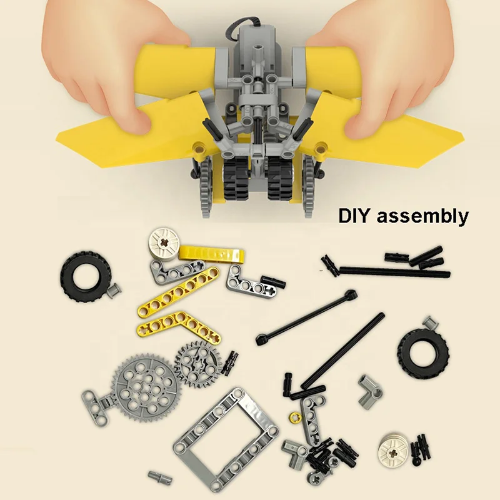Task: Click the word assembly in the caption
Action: point(423,217)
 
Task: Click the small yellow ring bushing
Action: point(294,417)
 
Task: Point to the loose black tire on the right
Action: point(423,353)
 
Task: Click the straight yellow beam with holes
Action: point(179,292)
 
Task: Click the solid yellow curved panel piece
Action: point(212,255)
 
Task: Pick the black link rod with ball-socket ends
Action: point(306,317)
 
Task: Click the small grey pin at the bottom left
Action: point(160,477)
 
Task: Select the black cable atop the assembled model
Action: point(237,26)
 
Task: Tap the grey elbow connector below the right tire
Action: point(370,391)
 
